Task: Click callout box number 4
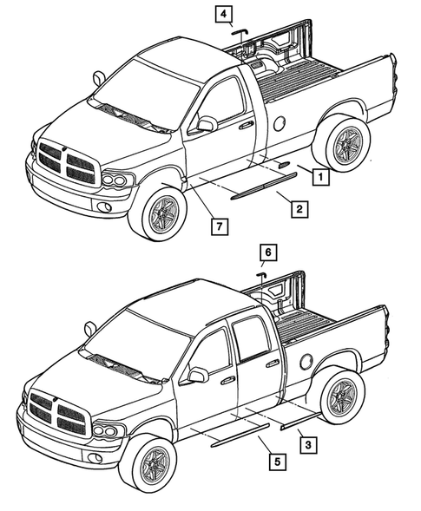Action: point(225,13)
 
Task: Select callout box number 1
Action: point(319,178)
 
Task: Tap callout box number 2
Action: point(297,208)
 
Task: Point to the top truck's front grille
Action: point(62,161)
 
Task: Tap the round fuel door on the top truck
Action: point(279,124)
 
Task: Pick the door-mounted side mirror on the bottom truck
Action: point(197,374)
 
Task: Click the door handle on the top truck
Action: point(247,126)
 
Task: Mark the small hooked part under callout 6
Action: point(260,274)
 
